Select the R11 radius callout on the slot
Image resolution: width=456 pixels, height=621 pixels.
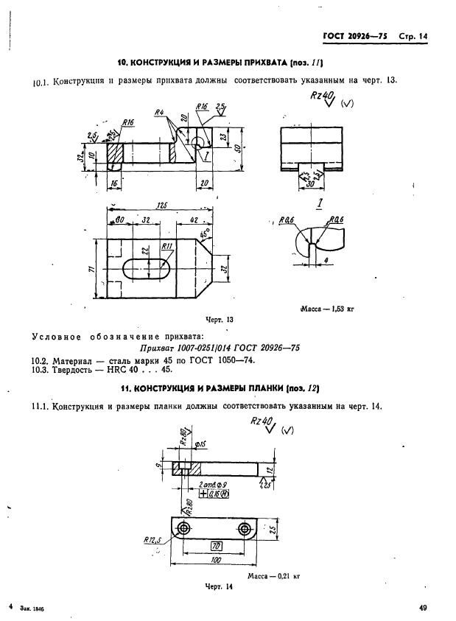pyautogui.click(x=166, y=246)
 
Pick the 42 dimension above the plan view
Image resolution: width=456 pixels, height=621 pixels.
pyautogui.click(x=191, y=220)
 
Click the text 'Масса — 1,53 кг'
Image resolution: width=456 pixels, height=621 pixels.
pyautogui.click(x=327, y=310)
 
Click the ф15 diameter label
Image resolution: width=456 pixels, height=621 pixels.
pyautogui.click(x=200, y=446)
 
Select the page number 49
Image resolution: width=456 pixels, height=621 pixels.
pyautogui.click(x=424, y=608)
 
